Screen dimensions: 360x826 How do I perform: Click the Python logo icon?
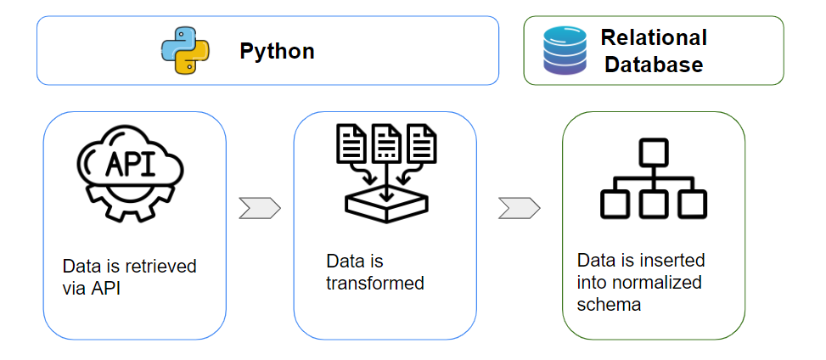(185, 51)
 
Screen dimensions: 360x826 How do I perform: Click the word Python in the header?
(277, 51)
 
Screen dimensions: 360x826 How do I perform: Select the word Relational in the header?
(653, 37)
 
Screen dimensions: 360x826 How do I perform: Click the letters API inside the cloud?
(127, 163)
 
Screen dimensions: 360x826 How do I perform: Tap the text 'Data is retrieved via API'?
(129, 277)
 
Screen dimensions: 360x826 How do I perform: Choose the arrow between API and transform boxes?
(259, 208)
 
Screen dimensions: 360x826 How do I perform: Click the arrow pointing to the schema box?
(519, 208)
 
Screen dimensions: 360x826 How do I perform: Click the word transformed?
(374, 283)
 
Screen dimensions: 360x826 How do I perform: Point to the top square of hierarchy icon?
(653, 152)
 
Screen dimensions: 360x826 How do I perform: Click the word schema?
(609, 304)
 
